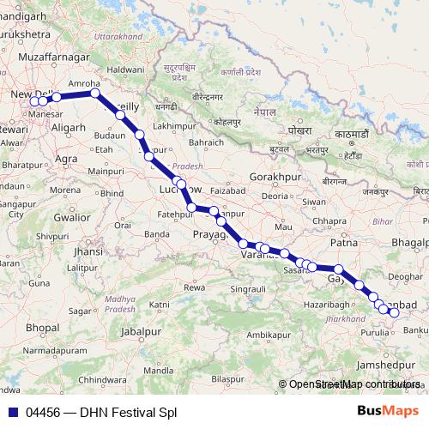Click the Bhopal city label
pos(42,327)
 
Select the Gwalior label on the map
pos(72,217)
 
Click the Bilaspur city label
pos(228,378)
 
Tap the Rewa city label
pos(196,287)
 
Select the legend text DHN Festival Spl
pos(128,412)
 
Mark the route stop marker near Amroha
pos(95,94)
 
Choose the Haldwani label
pos(125,68)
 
